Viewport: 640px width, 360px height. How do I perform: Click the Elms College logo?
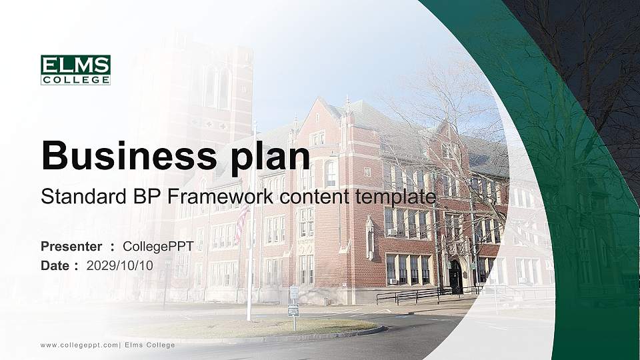point(75,70)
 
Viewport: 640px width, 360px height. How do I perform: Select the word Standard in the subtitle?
point(74,197)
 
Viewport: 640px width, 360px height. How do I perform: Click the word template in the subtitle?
point(399,197)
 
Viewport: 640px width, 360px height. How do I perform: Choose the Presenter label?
point(71,247)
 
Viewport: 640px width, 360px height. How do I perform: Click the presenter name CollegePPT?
point(158,247)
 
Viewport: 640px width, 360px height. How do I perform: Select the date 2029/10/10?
point(120,265)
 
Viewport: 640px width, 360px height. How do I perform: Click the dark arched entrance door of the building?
point(455,276)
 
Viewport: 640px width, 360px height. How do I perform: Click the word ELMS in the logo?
point(75,65)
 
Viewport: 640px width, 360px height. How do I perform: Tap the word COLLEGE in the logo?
point(75,80)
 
